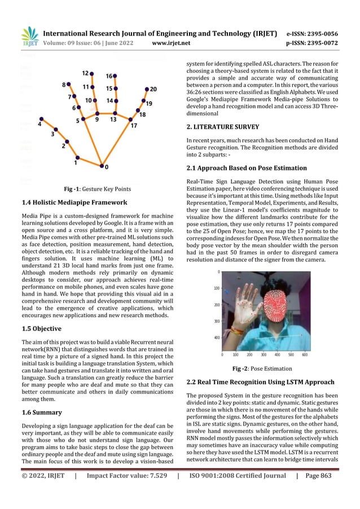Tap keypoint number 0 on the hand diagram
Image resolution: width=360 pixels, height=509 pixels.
click(102, 166)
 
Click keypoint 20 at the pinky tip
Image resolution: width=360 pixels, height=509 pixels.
click(147, 89)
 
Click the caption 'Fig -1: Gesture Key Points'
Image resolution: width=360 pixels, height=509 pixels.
click(99, 189)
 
